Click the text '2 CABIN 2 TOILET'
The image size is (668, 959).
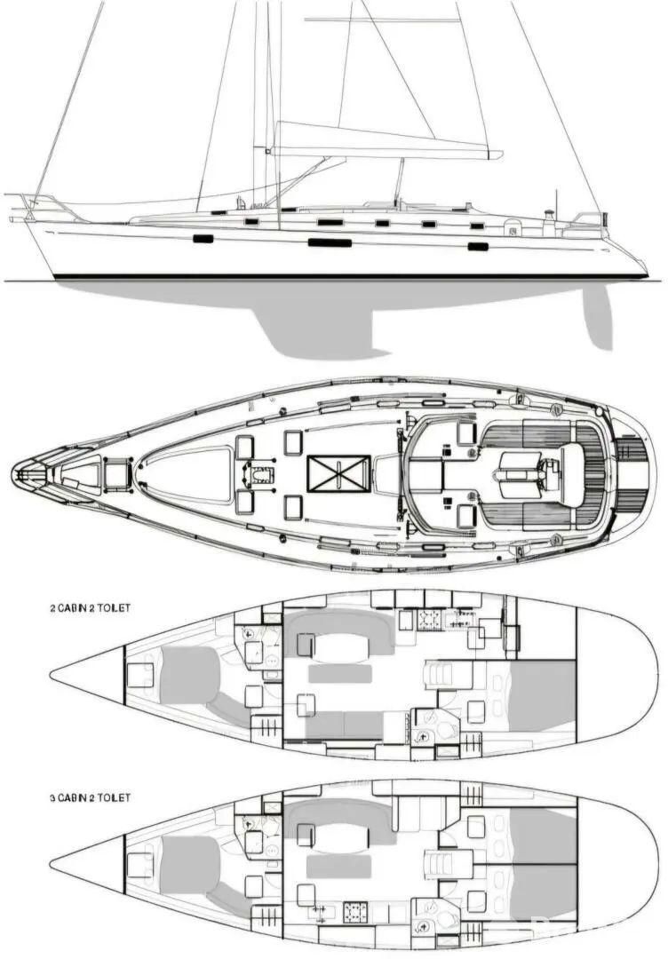tap(90, 608)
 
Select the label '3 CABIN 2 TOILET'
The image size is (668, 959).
tap(90, 797)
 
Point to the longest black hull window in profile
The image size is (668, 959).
tap(330, 242)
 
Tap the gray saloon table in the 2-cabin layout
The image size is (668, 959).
tap(340, 674)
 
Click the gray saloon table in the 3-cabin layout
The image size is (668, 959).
tap(339, 867)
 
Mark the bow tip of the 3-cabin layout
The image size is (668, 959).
tap(51, 868)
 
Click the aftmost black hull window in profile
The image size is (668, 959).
tap(478, 247)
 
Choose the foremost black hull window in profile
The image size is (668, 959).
tap(203, 239)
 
